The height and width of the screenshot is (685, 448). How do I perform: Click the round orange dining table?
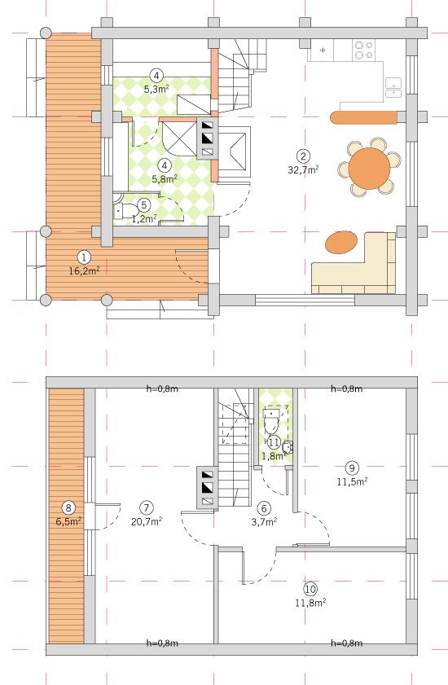tap(369, 169)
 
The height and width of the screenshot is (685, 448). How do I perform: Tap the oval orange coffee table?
tap(341, 242)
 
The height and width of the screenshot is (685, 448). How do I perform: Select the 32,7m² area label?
tap(303, 170)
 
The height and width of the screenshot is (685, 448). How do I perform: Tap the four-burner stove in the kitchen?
tap(365, 50)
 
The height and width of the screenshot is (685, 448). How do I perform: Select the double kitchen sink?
tap(393, 87)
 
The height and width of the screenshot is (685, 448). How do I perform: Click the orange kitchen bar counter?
tap(363, 118)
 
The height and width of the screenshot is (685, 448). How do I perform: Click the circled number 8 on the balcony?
tap(68, 508)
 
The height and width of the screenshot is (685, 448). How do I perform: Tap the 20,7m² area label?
tap(147, 521)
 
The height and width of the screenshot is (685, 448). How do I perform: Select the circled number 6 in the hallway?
tap(264, 508)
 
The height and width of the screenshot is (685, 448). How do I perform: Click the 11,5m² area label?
tap(352, 481)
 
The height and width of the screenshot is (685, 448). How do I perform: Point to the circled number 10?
tap(310, 590)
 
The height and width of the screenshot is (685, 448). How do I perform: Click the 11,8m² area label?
tap(310, 603)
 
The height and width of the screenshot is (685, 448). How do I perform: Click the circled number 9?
tap(352, 468)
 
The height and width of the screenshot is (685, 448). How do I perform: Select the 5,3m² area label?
tap(156, 89)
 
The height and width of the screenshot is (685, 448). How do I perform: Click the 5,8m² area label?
tap(165, 178)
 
